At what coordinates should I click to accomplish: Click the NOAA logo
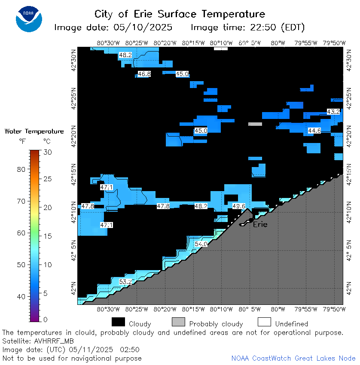(29, 19)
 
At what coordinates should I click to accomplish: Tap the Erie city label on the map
(260, 225)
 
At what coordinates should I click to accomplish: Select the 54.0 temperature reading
(201, 244)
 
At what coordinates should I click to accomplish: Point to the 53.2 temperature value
(125, 282)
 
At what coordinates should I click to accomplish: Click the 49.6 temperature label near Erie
(239, 206)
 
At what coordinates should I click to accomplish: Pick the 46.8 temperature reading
(144, 74)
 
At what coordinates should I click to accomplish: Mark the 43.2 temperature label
(333, 112)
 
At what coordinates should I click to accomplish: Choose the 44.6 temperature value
(314, 131)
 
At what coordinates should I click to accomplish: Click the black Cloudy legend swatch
(118, 322)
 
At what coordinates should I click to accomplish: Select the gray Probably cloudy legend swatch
(178, 322)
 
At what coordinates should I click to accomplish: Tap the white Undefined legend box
(265, 322)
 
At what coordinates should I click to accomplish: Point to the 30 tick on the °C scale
(48, 152)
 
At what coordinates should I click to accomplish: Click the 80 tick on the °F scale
(21, 169)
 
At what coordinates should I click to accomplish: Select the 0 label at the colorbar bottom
(46, 319)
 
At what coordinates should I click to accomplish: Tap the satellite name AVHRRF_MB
(54, 341)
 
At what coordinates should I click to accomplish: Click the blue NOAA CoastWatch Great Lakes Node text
(293, 358)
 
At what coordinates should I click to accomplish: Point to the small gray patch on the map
(255, 124)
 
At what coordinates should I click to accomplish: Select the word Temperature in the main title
(233, 14)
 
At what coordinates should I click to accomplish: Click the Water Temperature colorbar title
(34, 131)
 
